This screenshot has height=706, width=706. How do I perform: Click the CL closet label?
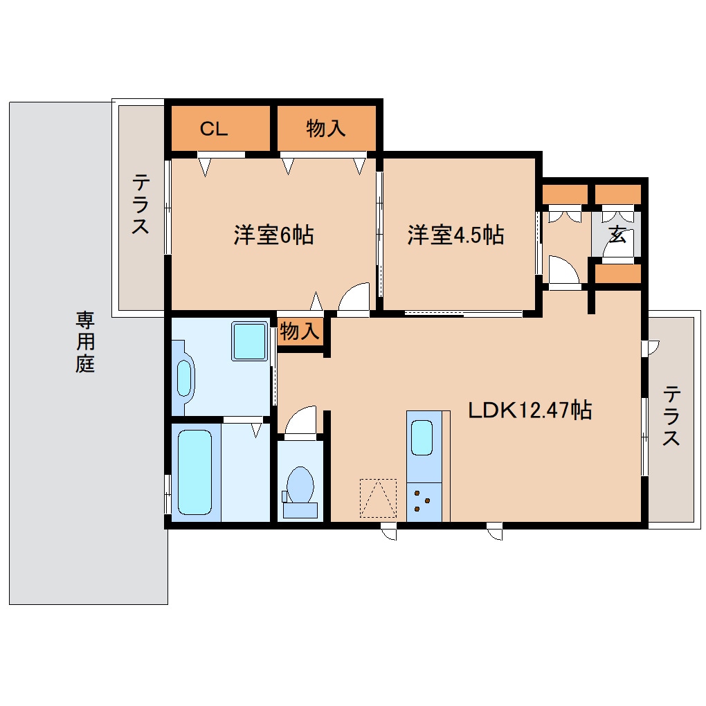pyautogui.click(x=214, y=129)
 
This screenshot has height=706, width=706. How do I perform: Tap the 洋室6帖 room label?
pyautogui.click(x=273, y=235)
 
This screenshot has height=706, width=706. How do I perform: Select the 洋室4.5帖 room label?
pyautogui.click(x=455, y=235)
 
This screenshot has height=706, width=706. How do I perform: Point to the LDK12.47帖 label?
pyautogui.click(x=529, y=410)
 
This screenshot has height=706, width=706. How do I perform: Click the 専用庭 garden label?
pyautogui.click(x=85, y=342)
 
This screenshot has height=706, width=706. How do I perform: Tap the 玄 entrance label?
pyautogui.click(x=617, y=235)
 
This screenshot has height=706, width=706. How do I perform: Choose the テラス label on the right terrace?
pyautogui.click(x=671, y=416)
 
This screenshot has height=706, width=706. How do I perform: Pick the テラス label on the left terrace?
pyautogui.click(x=141, y=205)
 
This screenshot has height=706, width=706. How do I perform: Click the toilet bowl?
pyautogui.click(x=300, y=485)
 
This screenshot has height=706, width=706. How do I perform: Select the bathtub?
pyautogui.click(x=194, y=473)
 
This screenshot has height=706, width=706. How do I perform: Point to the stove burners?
pyautogui.click(x=423, y=501)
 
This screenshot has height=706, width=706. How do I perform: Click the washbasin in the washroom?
pyautogui.click(x=184, y=377)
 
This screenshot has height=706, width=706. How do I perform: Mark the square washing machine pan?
pyautogui.click(x=249, y=341)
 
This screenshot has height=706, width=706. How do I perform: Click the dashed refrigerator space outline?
pyautogui.click(x=378, y=498)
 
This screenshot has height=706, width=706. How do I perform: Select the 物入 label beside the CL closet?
pyautogui.click(x=326, y=129)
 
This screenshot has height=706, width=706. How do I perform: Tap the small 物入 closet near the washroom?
pyautogui.click(x=299, y=332)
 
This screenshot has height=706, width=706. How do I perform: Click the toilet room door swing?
pyautogui.click(x=300, y=422)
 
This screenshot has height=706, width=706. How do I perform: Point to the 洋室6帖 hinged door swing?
pyautogui.click(x=354, y=300)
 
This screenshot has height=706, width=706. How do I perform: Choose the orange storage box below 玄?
pyautogui.click(x=618, y=274)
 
